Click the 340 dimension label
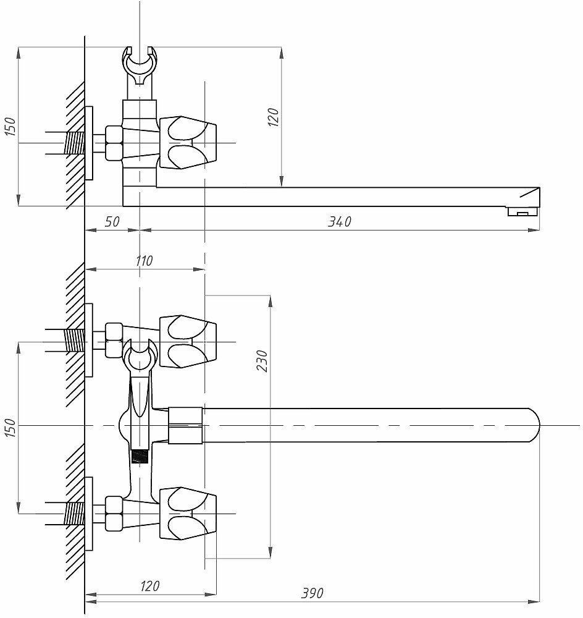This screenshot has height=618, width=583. (x=339, y=221)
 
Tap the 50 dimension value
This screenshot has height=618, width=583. (x=112, y=221)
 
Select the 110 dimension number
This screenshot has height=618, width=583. (x=143, y=261)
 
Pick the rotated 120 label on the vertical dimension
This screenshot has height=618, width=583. (x=274, y=117)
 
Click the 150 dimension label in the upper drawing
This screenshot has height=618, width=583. (x=10, y=126)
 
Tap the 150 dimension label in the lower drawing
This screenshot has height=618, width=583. (x=10, y=428)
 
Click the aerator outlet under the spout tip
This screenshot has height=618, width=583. (x=522, y=213)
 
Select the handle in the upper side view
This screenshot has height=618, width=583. (x=188, y=143)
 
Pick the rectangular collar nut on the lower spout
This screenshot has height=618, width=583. (x=185, y=425)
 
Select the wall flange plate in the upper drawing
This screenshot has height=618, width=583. (x=89, y=143)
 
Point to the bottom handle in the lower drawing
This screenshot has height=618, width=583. (x=188, y=513)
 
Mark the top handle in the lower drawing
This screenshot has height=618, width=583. (x=188, y=341)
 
